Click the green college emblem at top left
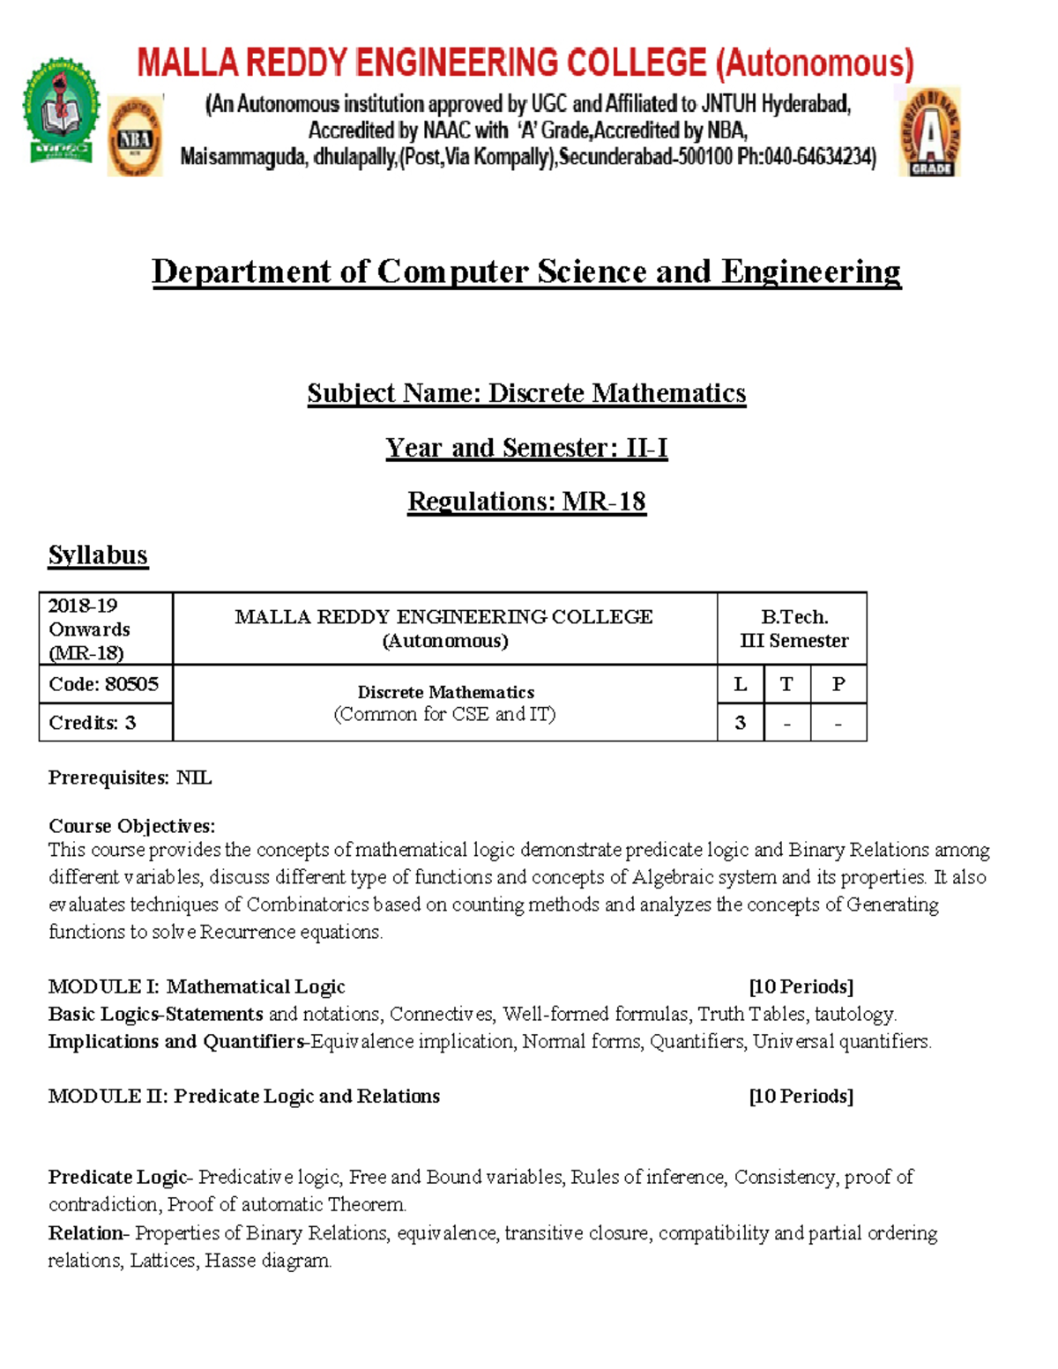(61, 111)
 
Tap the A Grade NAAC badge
(930, 133)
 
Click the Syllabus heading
(98, 554)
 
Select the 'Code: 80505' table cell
(104, 684)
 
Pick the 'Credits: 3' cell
(93, 723)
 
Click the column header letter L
(741, 684)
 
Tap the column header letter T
(786, 684)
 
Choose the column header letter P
(838, 684)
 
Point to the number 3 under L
(741, 723)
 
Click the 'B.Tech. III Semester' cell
(793, 629)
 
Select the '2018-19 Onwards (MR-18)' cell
(89, 629)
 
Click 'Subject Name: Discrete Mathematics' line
(526, 393)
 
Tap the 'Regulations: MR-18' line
(526, 502)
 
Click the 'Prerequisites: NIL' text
(130, 778)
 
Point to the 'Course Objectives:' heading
(131, 826)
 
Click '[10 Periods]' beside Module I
(801, 986)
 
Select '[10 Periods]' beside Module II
(801, 1096)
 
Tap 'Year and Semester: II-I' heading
(526, 448)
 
